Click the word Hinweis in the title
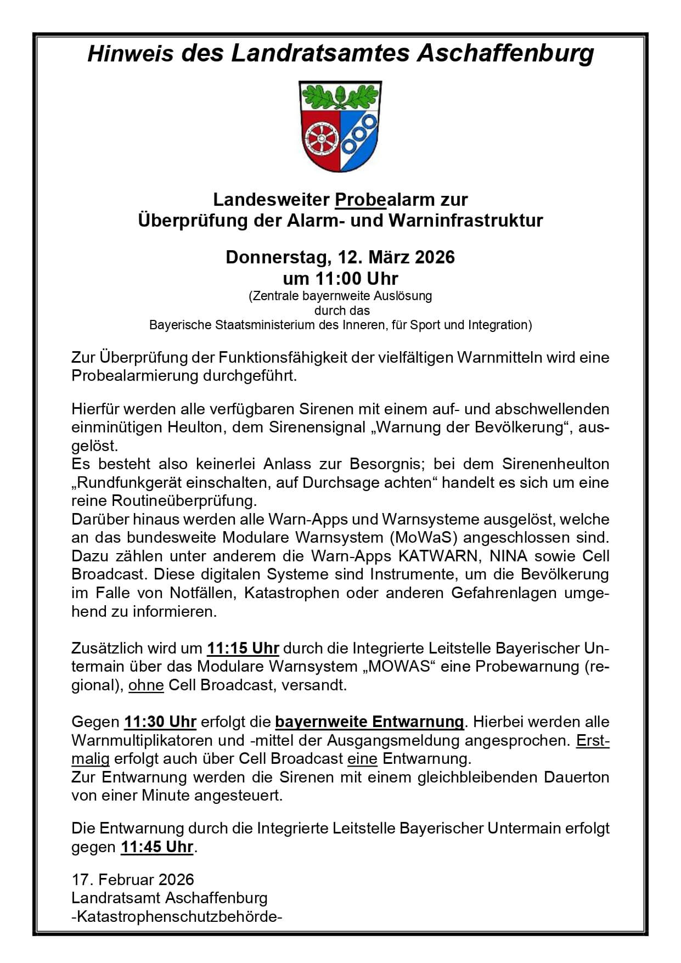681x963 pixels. tap(131, 54)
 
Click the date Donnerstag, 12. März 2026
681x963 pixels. tap(340, 257)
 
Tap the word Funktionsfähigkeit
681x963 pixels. tap(283, 358)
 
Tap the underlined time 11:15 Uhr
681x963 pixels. tap(243, 648)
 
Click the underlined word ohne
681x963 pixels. tap(146, 685)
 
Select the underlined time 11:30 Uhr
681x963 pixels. tap(160, 722)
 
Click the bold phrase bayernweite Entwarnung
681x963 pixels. tap(369, 722)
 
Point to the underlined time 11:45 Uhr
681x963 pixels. tap(157, 847)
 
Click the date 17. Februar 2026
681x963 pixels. tap(133, 880)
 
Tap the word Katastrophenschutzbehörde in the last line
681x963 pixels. tap(177, 916)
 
